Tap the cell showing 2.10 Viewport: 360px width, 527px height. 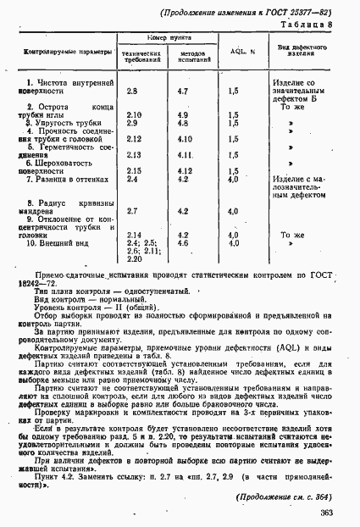(134, 114)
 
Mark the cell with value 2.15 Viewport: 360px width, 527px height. (134, 171)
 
